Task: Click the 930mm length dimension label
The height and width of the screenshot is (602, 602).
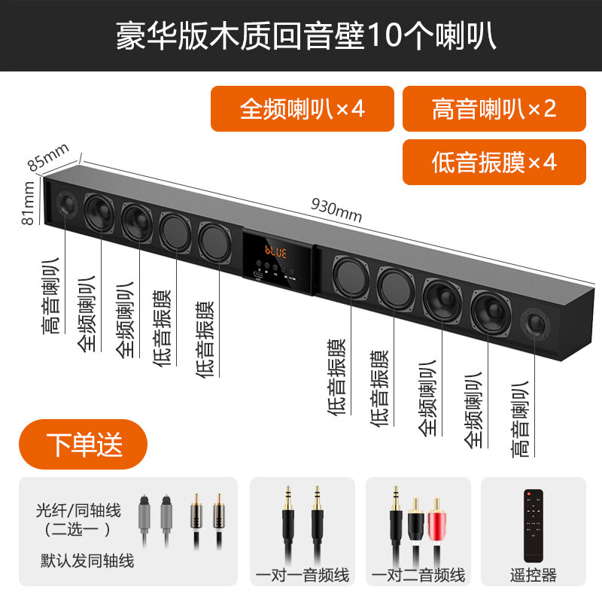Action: (336, 211)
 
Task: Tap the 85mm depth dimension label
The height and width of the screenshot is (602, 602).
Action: (48, 157)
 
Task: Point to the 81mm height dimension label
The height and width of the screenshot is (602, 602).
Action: (28, 202)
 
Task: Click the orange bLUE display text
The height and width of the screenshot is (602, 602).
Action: (275, 252)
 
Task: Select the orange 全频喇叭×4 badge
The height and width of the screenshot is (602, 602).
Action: (303, 108)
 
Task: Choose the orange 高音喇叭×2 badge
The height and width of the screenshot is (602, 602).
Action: (494, 108)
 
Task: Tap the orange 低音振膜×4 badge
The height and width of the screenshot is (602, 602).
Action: (494, 162)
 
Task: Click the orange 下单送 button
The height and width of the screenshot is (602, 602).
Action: (83, 444)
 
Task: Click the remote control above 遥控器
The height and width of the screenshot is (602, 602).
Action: (534, 525)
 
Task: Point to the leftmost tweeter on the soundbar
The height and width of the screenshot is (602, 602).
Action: (66, 203)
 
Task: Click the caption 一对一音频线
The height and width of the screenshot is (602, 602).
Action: (303, 576)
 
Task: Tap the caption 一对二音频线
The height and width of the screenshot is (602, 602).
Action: (418, 576)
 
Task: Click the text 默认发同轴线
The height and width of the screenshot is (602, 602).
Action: (87, 561)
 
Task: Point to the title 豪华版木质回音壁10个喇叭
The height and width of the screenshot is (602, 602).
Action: (306, 36)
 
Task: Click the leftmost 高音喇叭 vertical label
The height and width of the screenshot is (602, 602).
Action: (51, 296)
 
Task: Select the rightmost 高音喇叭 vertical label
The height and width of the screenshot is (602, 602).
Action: (520, 419)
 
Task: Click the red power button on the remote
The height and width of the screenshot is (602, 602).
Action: (529, 494)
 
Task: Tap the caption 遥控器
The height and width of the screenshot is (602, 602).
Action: (534, 576)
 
